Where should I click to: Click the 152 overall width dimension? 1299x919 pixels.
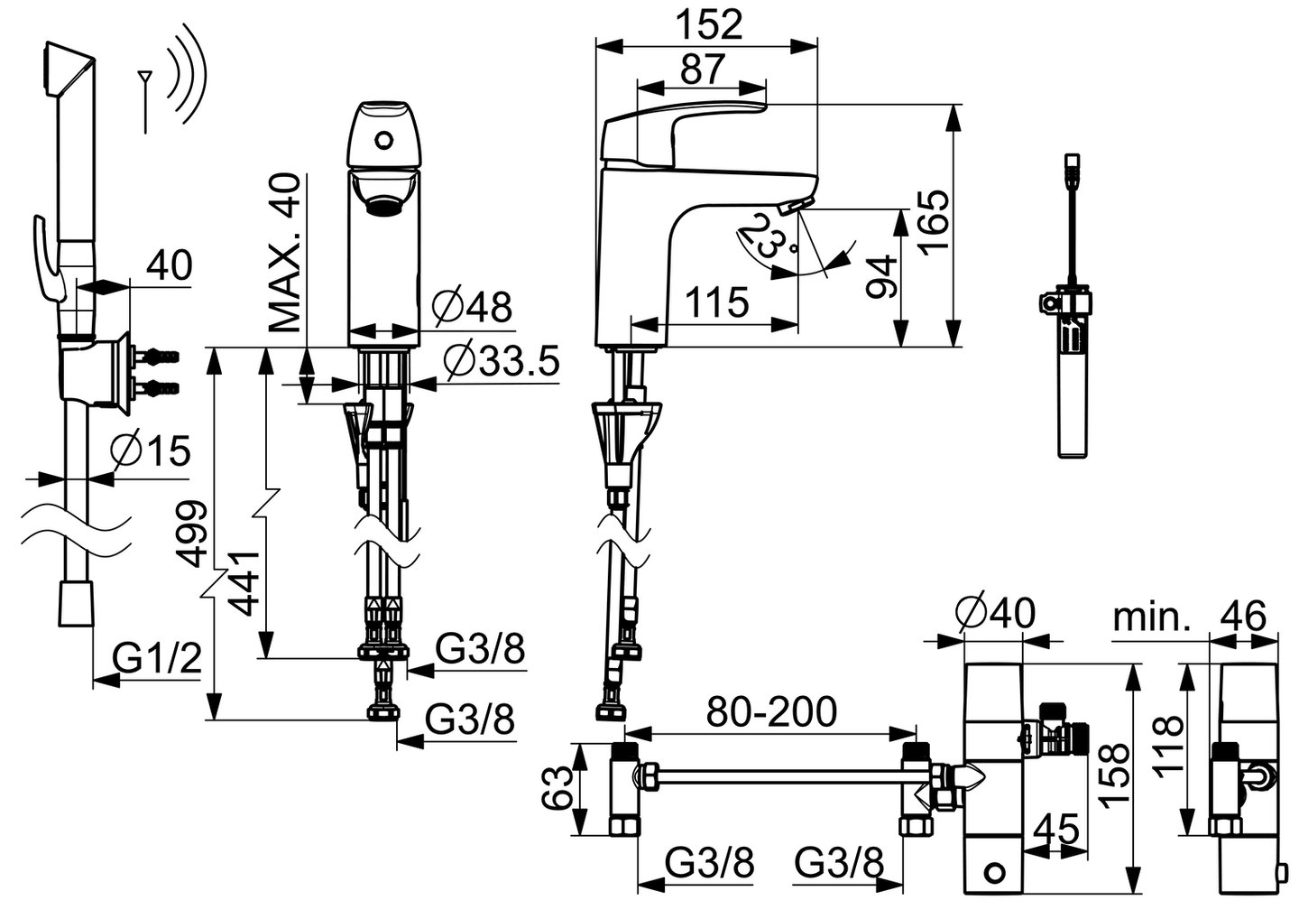pos(709,24)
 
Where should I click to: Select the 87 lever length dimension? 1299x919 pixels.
pos(703,70)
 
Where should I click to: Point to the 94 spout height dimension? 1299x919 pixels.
pos(880,277)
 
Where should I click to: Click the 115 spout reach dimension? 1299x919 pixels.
pos(716,302)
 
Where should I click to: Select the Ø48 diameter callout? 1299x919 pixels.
pos(472,307)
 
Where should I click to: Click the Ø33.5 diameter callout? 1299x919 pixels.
pos(502,361)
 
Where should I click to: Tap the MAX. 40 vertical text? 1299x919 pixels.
pos(285,252)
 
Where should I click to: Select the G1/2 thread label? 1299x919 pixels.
pos(159,660)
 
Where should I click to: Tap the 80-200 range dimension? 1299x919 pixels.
pos(771,711)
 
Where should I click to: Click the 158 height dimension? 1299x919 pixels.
pos(1115,775)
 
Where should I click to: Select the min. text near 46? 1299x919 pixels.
pos(1152,617)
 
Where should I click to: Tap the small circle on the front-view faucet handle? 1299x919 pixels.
pos(384,141)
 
